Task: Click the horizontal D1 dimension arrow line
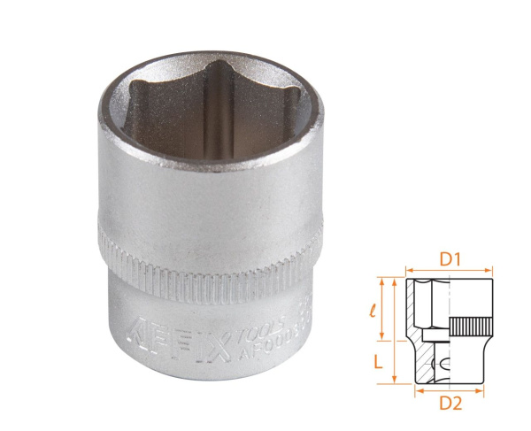point(448,273)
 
